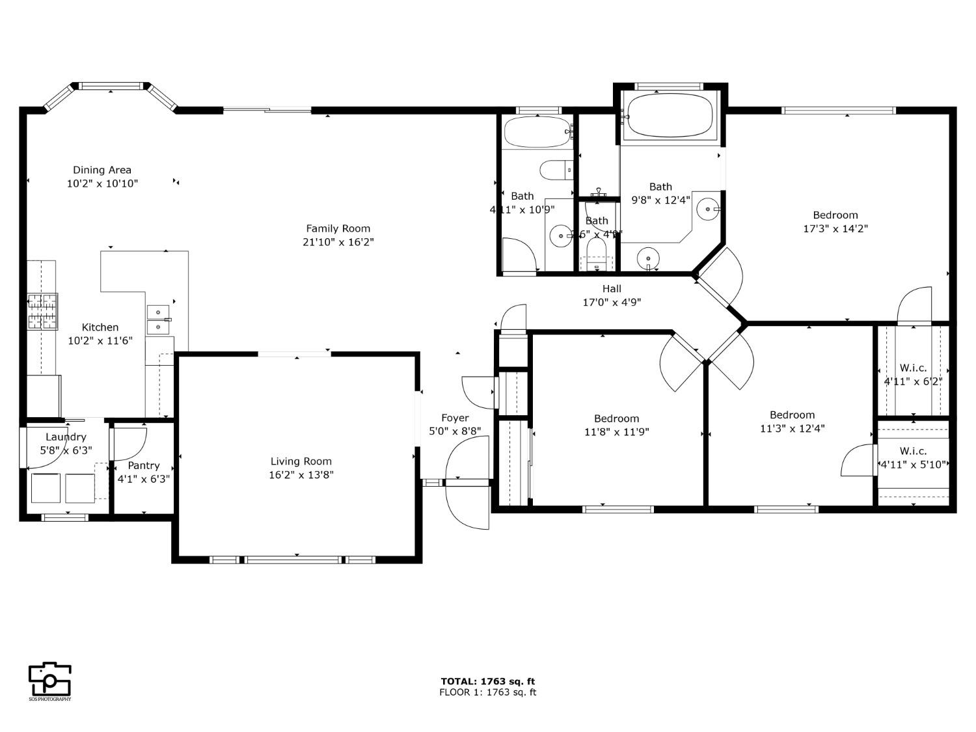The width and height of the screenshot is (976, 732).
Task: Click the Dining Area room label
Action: [x=102, y=170]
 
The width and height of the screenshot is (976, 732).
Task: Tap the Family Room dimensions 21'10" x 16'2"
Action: [x=338, y=242]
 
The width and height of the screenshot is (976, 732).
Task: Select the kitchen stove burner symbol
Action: [x=42, y=311]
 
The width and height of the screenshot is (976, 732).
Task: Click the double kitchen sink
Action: [x=158, y=319]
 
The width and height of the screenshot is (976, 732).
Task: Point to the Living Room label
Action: [x=301, y=461]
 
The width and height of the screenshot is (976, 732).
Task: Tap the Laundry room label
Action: [x=66, y=437]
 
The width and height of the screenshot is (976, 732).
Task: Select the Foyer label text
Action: [x=455, y=418]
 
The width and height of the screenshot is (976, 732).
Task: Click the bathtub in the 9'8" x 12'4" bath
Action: [x=670, y=116]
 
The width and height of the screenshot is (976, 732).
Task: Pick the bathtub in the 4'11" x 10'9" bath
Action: [x=537, y=132]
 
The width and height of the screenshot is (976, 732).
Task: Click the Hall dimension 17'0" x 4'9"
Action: [x=612, y=302]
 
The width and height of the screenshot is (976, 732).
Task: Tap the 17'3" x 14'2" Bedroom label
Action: [x=835, y=215]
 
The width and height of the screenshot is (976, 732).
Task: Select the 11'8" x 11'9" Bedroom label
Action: [x=616, y=418]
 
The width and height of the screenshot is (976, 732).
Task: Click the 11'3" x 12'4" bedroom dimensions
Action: [x=792, y=429]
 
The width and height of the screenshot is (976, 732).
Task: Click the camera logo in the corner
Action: [x=50, y=680]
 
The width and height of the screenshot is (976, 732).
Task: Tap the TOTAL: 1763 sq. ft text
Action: [x=488, y=681]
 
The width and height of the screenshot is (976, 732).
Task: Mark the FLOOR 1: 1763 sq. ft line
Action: [x=488, y=692]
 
